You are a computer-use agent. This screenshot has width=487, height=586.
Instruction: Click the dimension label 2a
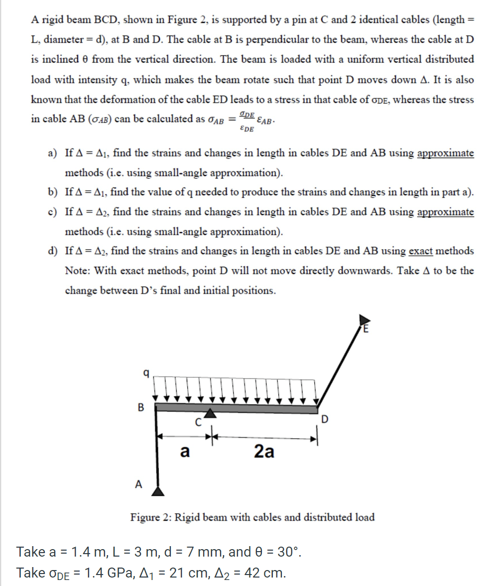click(x=263, y=451)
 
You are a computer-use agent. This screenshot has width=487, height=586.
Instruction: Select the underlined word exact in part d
click(x=420, y=251)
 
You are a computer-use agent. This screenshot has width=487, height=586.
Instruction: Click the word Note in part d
click(x=78, y=271)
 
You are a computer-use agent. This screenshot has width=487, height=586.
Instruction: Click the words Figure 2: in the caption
click(x=151, y=517)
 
